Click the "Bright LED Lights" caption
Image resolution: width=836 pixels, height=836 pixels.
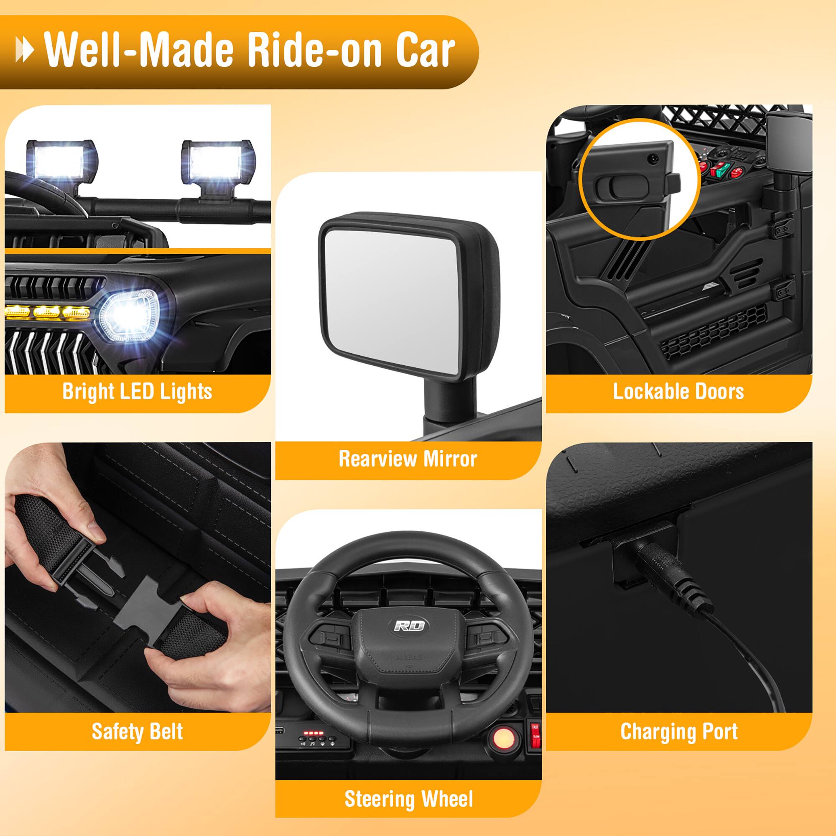click(x=137, y=392)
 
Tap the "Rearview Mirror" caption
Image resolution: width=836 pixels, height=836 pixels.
click(x=408, y=459)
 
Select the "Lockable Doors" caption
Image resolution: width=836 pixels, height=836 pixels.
click(x=678, y=392)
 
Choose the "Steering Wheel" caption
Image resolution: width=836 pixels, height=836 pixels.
click(x=408, y=799)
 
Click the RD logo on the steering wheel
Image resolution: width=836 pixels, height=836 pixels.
click(x=409, y=626)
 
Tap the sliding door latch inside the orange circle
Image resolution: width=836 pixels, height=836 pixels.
click(x=623, y=187)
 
